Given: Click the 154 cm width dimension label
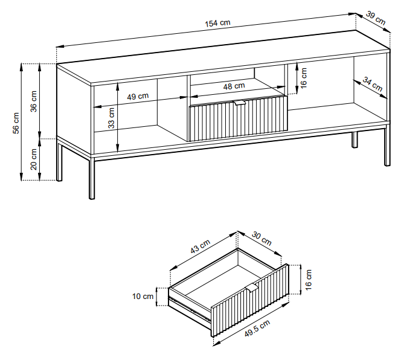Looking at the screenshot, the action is pyautogui.click(x=217, y=23).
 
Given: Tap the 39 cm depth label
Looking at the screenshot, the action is pyautogui.click(x=376, y=18).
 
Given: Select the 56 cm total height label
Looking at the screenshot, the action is pyautogui.click(x=16, y=123).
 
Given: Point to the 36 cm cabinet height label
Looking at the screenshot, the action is pyautogui.click(x=34, y=101).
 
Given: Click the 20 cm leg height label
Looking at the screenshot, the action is pyautogui.click(x=34, y=159).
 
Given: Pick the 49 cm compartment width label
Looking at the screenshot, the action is pyautogui.click(x=138, y=97).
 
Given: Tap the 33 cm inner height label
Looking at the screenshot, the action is pyautogui.click(x=111, y=118).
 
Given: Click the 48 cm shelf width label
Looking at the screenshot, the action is pyautogui.click(x=234, y=86).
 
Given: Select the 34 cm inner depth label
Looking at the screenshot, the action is pyautogui.click(x=373, y=84).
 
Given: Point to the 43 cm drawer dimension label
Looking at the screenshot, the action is pyautogui.click(x=200, y=246).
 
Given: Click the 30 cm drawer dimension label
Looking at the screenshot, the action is pyautogui.click(x=261, y=239).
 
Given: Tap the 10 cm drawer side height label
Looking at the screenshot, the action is pyautogui.click(x=143, y=297).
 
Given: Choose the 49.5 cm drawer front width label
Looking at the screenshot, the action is pyautogui.click(x=257, y=328).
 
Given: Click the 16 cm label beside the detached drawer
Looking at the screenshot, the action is pyautogui.click(x=309, y=280).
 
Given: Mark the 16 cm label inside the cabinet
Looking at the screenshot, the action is pyautogui.click(x=304, y=78).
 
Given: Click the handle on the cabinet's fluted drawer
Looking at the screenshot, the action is pyautogui.click(x=240, y=103).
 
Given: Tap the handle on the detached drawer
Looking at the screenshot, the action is pyautogui.click(x=252, y=288).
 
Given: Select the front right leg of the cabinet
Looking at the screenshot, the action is pyautogui.click(x=387, y=146).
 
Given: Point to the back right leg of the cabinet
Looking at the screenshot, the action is pyautogui.click(x=355, y=140).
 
